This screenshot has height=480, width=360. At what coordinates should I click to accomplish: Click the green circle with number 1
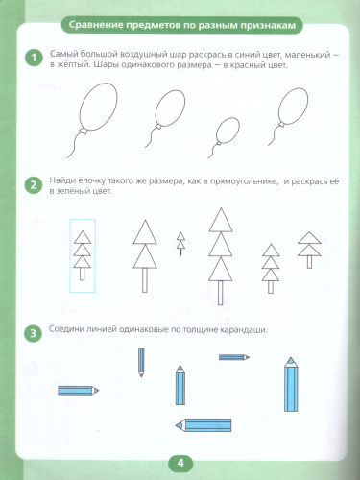(34, 58)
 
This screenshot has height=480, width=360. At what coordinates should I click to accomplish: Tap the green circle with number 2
(34, 185)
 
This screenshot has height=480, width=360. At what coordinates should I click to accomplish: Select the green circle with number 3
(33, 333)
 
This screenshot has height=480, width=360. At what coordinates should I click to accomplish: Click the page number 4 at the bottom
(180, 463)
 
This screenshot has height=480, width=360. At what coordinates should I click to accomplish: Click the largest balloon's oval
(98, 107)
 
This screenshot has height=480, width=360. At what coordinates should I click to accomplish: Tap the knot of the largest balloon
(84, 132)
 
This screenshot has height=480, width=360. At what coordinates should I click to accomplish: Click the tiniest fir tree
(181, 244)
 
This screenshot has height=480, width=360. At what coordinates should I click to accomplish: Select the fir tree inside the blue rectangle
(83, 255)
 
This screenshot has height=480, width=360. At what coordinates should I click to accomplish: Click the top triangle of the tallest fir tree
(221, 220)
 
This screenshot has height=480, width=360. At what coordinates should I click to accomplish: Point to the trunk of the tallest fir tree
(221, 293)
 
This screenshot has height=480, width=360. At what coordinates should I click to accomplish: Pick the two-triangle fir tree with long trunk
(145, 256)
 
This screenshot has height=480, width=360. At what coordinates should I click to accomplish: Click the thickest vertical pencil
(291, 384)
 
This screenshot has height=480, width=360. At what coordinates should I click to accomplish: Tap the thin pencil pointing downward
(141, 362)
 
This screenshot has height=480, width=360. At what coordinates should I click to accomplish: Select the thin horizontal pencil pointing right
(234, 357)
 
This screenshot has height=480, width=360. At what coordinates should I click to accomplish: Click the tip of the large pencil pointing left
(176, 425)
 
